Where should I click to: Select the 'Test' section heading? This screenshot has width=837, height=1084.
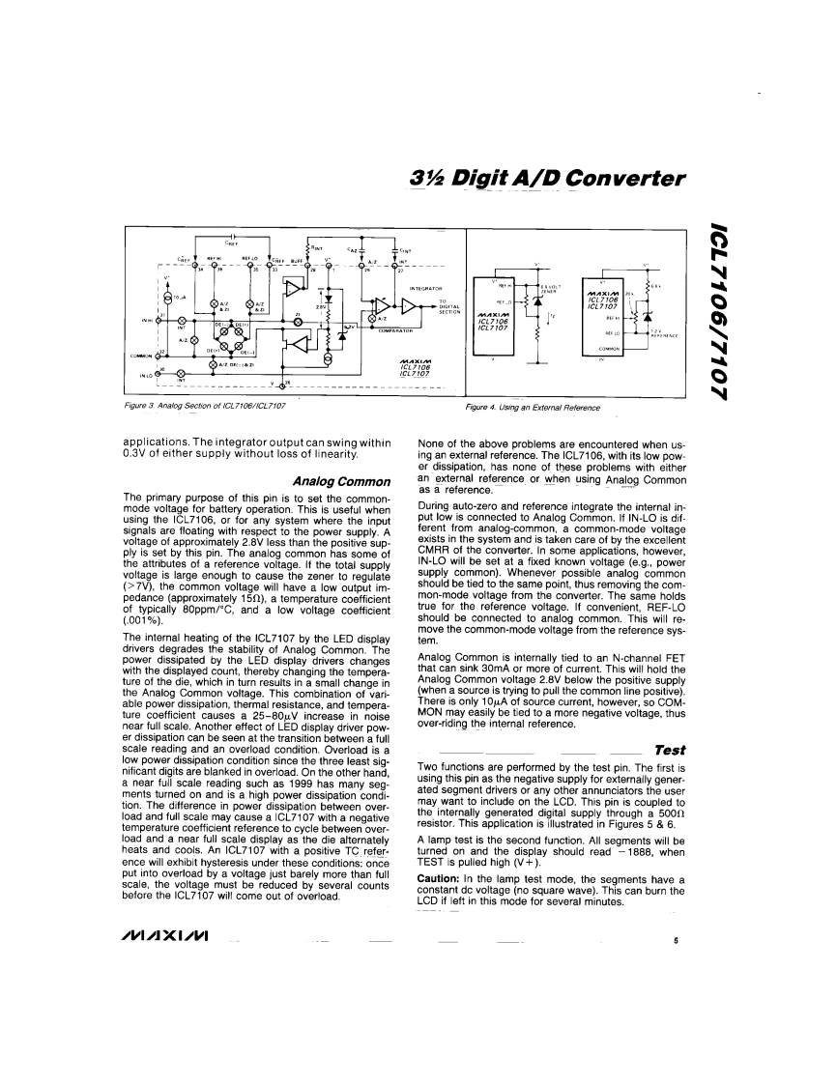click(669, 722)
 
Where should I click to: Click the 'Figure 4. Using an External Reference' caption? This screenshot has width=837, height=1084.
click(534, 408)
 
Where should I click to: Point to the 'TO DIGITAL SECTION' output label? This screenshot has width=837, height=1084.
click(449, 306)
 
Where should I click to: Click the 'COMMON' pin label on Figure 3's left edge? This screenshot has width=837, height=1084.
click(143, 356)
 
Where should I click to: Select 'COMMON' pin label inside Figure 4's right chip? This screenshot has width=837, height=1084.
click(611, 349)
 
